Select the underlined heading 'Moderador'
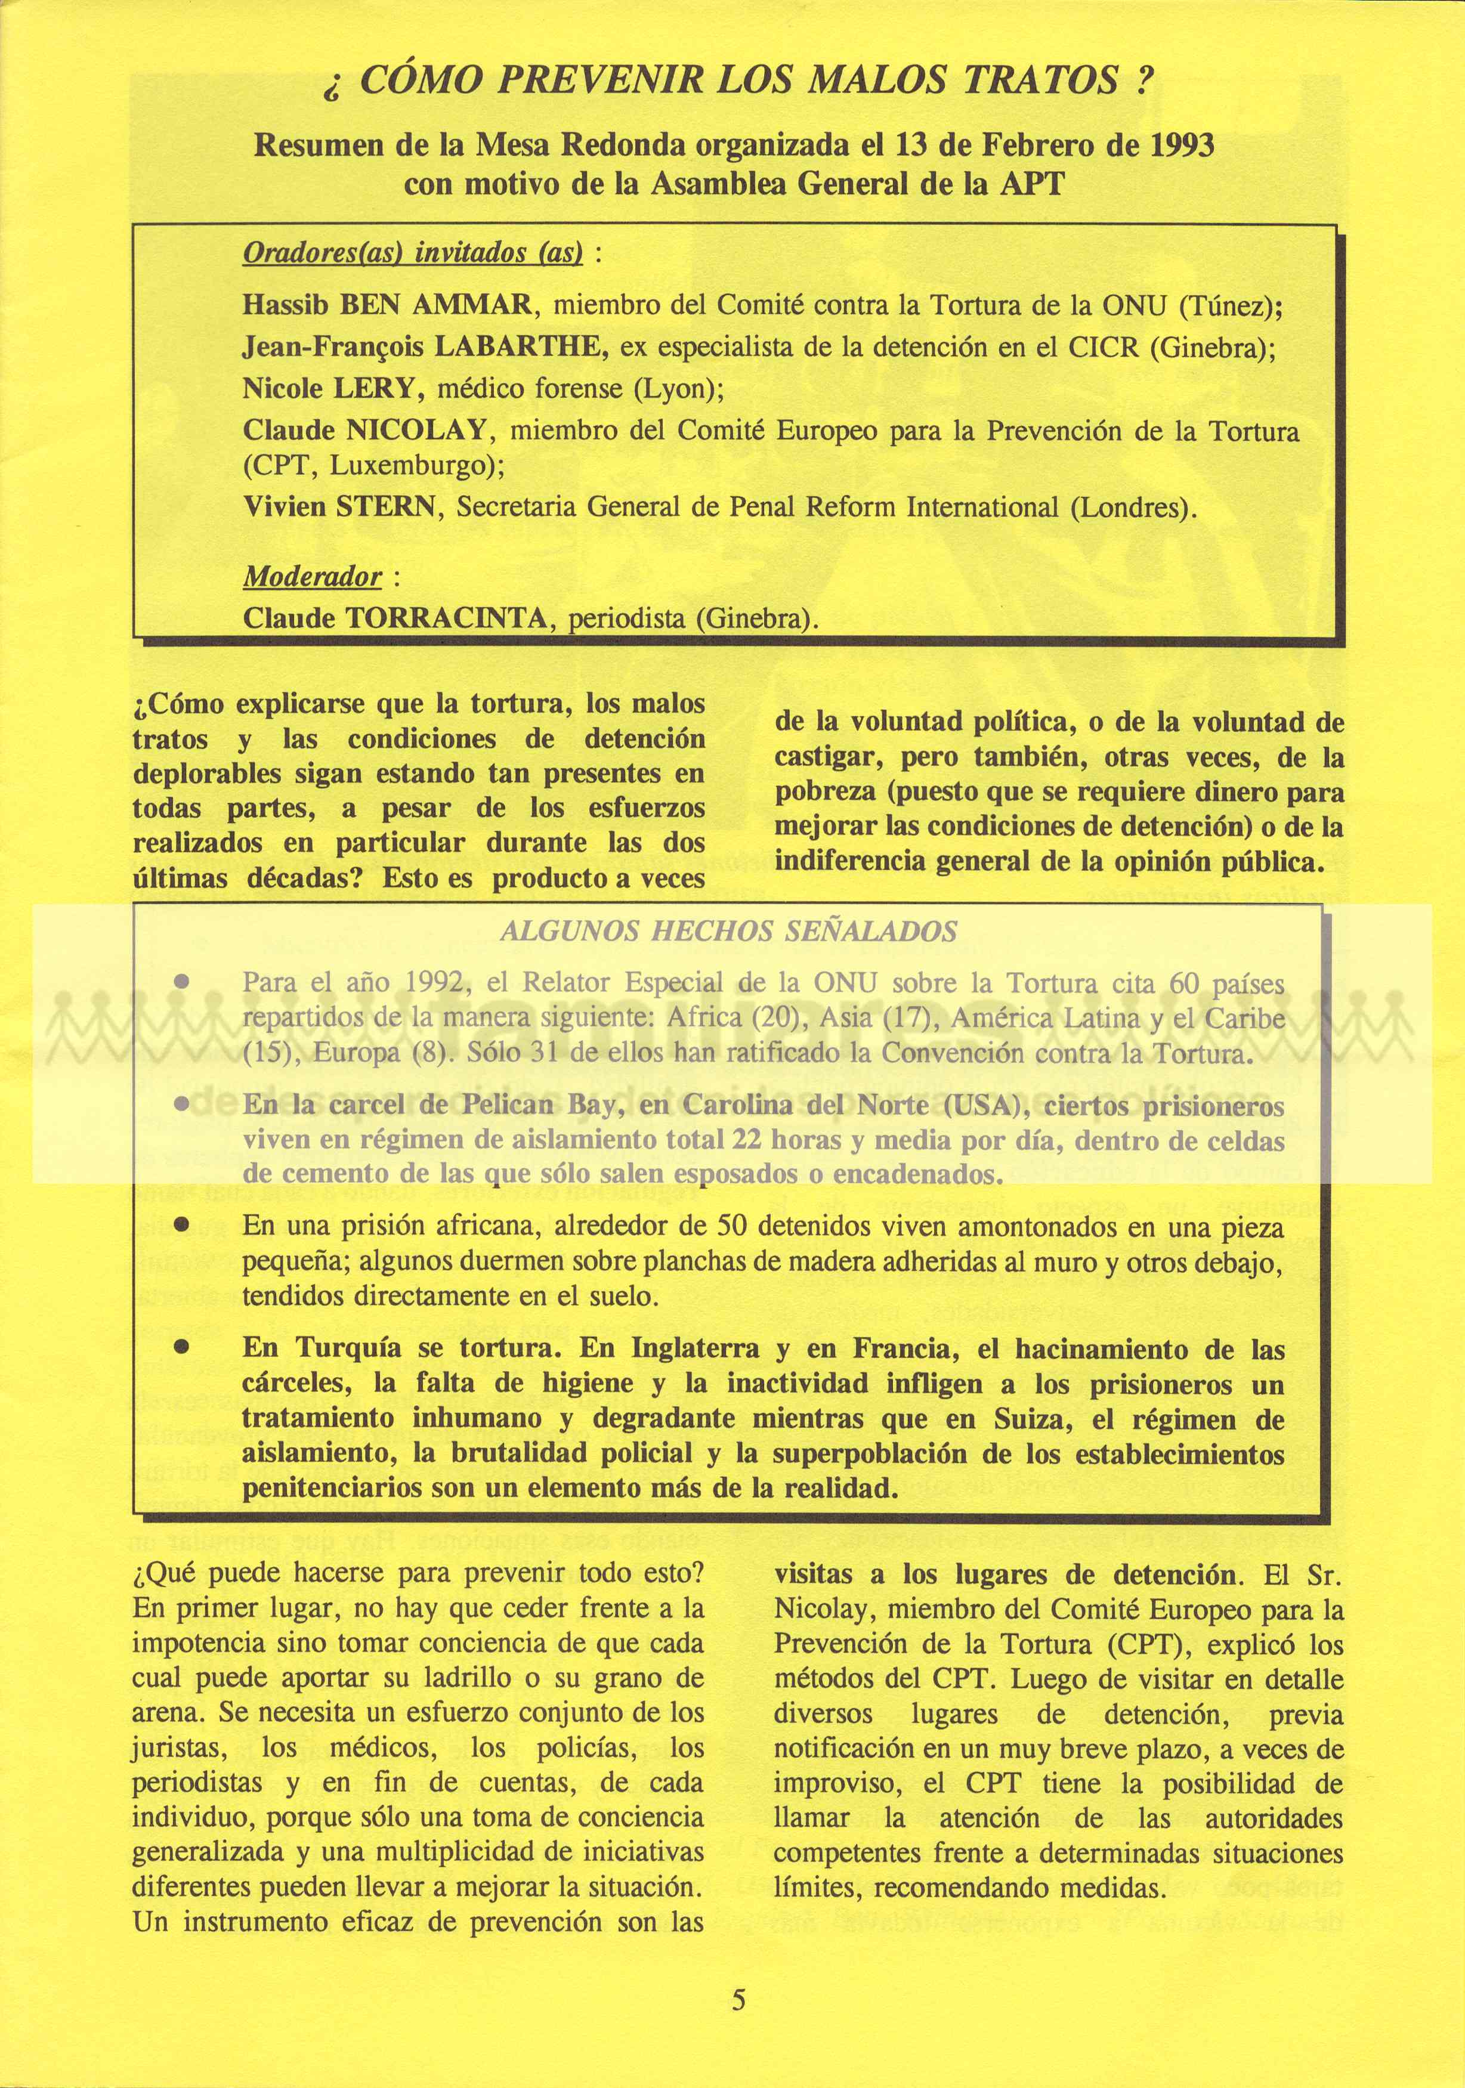click(x=312, y=577)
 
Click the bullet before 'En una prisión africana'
click(x=182, y=1225)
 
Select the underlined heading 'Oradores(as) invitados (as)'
click(x=412, y=253)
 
